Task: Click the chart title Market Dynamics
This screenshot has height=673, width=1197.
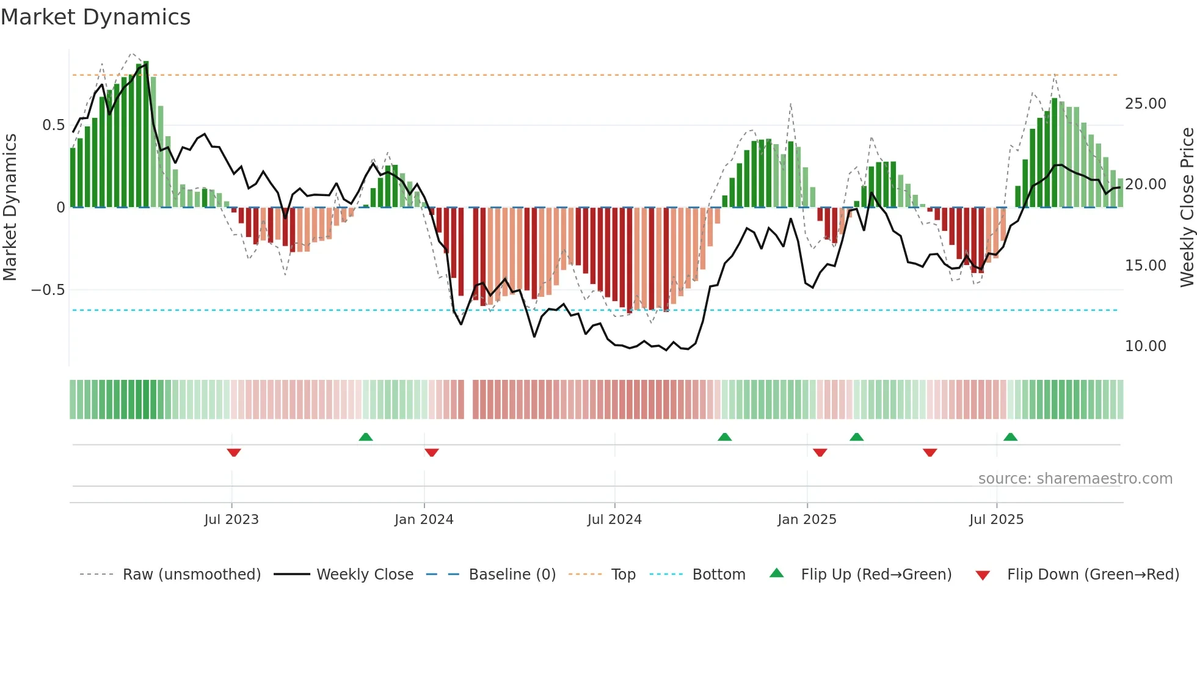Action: pos(95,17)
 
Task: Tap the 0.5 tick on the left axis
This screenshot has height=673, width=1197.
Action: pos(53,125)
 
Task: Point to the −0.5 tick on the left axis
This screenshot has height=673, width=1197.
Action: pos(48,290)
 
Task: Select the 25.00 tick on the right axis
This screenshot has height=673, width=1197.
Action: pos(1145,104)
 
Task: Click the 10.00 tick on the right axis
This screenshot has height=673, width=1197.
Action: pos(1145,346)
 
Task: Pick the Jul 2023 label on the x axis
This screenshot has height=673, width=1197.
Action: pos(231,520)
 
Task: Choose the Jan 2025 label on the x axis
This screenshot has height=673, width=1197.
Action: pos(807,520)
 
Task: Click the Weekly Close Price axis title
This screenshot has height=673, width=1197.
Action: pos(1187,208)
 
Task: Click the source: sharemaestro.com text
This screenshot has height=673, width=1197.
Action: pos(1075,479)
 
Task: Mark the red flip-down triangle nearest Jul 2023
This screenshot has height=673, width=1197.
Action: pos(234,453)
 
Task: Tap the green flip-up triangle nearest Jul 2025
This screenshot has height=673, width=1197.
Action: pos(1010,437)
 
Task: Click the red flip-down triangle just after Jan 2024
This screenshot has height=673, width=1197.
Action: pos(432,453)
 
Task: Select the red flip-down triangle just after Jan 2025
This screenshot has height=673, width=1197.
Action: pos(820,453)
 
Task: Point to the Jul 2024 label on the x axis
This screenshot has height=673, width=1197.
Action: pos(614,520)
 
